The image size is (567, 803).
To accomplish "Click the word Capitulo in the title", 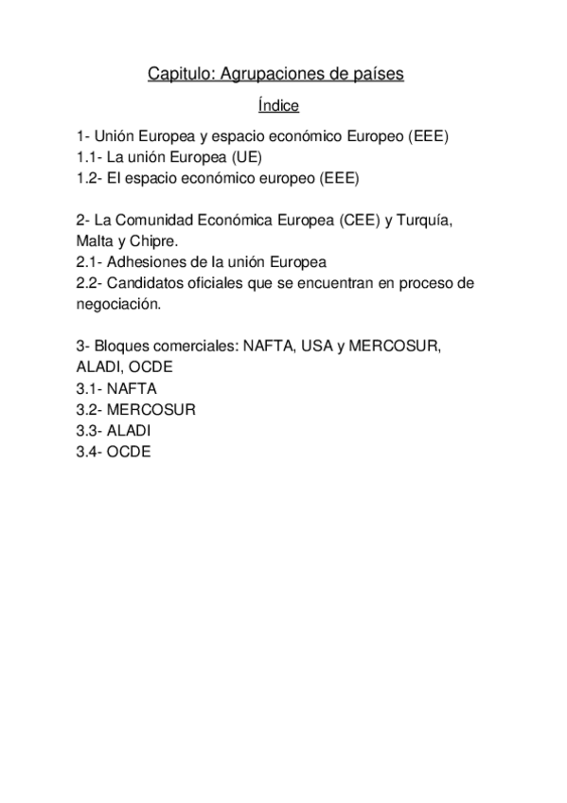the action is (x=174, y=73).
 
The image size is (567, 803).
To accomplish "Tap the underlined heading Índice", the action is (x=278, y=105).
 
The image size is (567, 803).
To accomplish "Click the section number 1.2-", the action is (x=91, y=177).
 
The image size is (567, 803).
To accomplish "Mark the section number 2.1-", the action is (x=91, y=261).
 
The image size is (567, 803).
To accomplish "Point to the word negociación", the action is (x=118, y=304).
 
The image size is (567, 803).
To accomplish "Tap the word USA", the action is (x=315, y=347).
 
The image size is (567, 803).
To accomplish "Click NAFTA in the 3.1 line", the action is (x=133, y=388).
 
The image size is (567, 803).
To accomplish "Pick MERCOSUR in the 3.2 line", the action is (x=152, y=409).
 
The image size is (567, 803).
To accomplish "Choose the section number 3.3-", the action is (x=91, y=431).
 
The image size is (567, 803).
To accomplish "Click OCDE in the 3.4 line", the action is (x=130, y=452).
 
